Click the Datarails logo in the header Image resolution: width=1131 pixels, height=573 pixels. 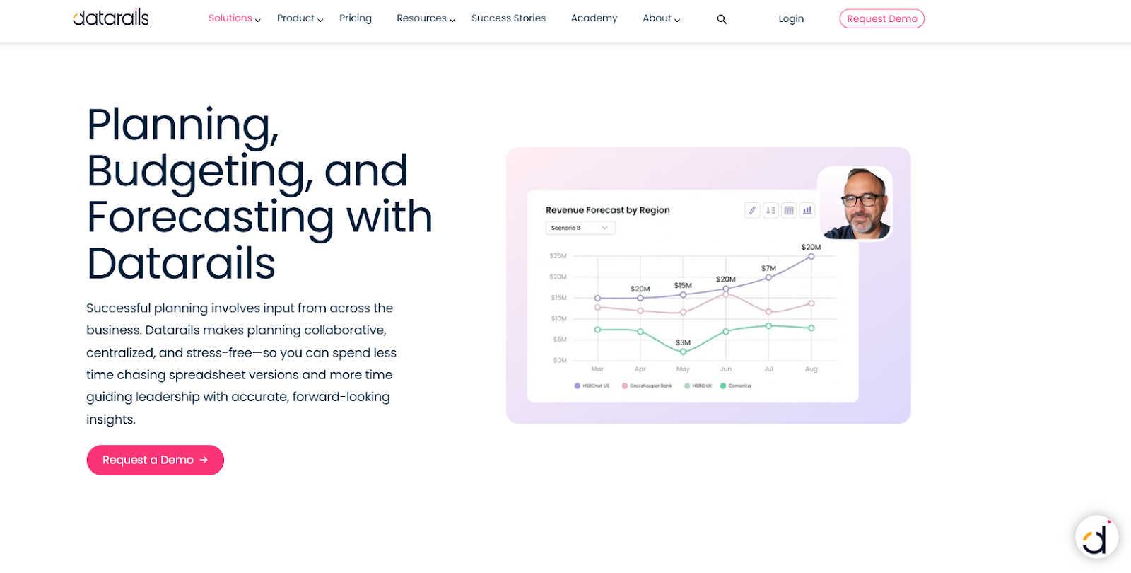(x=111, y=17)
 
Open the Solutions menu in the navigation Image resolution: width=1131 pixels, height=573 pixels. (x=234, y=18)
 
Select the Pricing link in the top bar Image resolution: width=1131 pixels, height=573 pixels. (x=355, y=18)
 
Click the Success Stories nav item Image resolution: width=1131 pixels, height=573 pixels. (x=508, y=18)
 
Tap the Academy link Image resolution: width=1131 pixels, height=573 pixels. (x=594, y=18)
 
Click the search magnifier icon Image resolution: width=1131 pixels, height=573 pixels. (x=721, y=19)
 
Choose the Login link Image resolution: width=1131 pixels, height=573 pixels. (x=791, y=19)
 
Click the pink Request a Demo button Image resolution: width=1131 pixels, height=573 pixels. (x=155, y=460)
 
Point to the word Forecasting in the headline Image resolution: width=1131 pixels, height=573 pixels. (x=210, y=217)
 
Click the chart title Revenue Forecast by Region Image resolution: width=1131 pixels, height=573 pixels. (x=607, y=210)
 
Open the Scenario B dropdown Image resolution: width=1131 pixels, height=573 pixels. (x=580, y=228)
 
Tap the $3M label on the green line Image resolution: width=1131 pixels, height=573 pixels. (x=683, y=342)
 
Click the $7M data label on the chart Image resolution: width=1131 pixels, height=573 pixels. (x=768, y=268)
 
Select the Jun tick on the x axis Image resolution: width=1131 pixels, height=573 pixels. (x=725, y=369)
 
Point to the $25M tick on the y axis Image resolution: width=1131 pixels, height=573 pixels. (x=558, y=255)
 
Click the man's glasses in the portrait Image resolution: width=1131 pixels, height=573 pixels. (x=862, y=200)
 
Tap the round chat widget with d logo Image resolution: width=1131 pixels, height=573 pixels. (x=1096, y=538)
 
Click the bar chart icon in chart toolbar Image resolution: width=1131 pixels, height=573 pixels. (x=807, y=210)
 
